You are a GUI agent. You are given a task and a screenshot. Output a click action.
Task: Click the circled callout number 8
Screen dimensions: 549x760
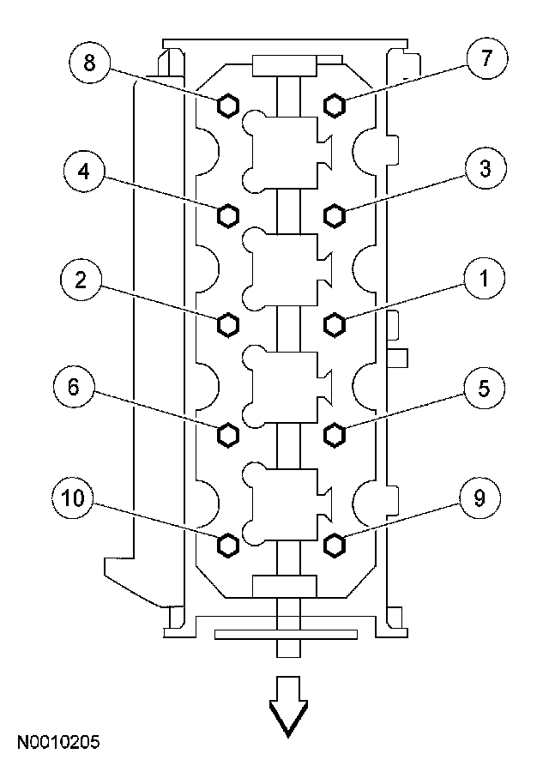click(x=90, y=63)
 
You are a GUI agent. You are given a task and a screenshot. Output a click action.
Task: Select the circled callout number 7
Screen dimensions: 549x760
click(x=486, y=57)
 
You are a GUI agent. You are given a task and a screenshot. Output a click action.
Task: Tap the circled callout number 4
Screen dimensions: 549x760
click(x=84, y=171)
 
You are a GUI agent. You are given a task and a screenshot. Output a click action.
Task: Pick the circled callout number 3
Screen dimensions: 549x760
click(x=485, y=168)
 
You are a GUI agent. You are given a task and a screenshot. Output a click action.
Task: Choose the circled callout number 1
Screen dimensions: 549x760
click(x=484, y=279)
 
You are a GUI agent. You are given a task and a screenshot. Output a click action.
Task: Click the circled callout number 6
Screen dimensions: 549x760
click(x=74, y=387)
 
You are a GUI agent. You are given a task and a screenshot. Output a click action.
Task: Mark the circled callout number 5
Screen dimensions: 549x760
click(x=484, y=389)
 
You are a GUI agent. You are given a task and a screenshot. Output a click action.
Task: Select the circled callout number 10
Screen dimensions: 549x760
click(x=73, y=498)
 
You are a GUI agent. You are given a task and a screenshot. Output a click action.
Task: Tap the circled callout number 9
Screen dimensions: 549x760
click(x=480, y=498)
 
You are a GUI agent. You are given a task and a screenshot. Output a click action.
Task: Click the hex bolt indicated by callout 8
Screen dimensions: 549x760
click(x=227, y=106)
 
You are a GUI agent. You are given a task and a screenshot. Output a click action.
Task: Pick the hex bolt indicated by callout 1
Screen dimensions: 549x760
click(x=334, y=324)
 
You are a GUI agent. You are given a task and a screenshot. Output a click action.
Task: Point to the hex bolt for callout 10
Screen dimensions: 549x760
click(x=227, y=545)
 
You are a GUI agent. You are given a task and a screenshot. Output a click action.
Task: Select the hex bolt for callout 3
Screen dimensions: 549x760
click(x=334, y=215)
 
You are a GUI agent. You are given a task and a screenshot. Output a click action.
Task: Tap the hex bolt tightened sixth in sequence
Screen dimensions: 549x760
click(x=227, y=434)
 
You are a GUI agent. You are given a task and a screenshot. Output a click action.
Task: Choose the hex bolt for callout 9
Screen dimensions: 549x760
click(x=334, y=545)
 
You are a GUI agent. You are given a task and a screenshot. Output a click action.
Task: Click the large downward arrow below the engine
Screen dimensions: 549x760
click(x=288, y=707)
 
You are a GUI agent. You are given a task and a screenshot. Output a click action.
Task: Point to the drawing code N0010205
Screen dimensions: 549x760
click(x=58, y=742)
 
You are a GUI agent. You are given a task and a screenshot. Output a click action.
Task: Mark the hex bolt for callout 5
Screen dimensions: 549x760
click(x=334, y=434)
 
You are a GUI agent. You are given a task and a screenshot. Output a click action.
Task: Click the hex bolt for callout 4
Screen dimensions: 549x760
click(x=227, y=215)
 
